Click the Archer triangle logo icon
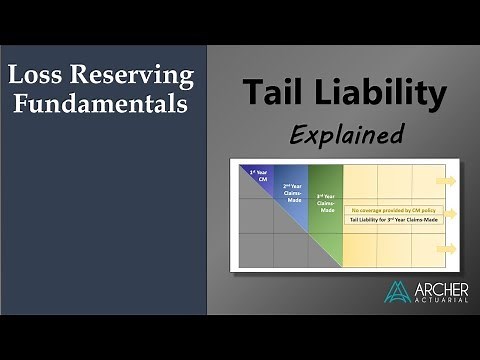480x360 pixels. (397, 291)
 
